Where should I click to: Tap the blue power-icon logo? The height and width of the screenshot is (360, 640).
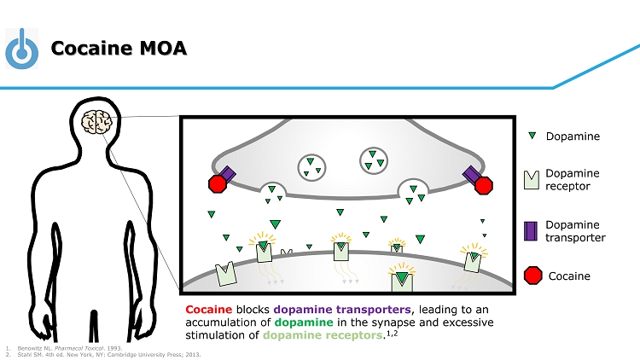click(x=22, y=48)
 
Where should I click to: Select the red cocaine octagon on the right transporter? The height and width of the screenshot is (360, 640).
click(x=484, y=184)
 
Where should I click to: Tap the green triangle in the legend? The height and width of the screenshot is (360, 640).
click(x=532, y=136)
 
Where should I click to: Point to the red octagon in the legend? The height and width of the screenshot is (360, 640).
click(x=532, y=276)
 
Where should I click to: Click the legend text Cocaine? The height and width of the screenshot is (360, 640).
click(x=569, y=276)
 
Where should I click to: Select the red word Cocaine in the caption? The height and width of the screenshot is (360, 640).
click(x=208, y=309)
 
